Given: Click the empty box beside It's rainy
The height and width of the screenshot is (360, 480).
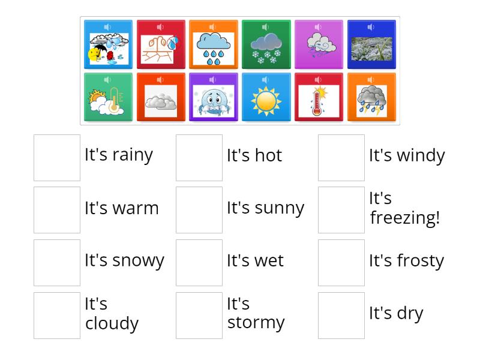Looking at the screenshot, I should tap(57, 158).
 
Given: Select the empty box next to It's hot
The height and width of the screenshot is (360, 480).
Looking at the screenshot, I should tap(199, 158).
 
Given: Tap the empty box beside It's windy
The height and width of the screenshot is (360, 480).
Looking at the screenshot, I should tap(341, 158).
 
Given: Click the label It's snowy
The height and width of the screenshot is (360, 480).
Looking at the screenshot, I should tap(124, 260).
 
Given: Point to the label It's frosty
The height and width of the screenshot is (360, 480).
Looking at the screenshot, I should tap(406, 260).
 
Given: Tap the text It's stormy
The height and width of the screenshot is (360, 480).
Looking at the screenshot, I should tap(256, 313).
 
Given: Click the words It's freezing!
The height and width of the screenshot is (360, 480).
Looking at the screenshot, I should tap(404, 208).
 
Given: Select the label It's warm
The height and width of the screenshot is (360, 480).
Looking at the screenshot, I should tap(122, 208).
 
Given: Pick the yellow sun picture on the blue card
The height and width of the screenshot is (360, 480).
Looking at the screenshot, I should tap(266, 101).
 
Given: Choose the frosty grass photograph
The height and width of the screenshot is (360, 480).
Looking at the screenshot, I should tap(371, 49).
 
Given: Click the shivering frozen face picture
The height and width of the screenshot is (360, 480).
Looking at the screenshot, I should tap(214, 101).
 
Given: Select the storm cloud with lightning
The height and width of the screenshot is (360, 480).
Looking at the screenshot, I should tap(371, 101).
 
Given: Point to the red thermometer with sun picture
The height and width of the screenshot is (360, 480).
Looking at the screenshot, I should tap(319, 101).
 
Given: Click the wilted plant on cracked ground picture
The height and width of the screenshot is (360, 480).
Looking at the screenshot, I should tap(161, 49).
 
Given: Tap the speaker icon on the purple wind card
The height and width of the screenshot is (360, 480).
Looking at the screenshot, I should tap(319, 27).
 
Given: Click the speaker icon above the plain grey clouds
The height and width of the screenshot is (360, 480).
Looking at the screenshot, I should tap(160, 80).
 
